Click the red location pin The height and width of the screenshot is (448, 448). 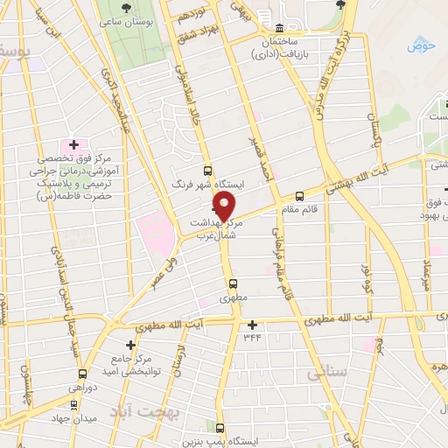tap(226, 205)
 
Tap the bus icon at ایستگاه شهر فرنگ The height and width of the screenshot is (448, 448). tap(207, 171)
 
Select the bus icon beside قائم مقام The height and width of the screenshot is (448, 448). tap(300, 196)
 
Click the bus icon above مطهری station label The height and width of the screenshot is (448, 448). tap(233, 283)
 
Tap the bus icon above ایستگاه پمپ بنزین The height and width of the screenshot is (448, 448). tap(220, 429)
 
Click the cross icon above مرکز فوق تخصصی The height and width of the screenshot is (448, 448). tap(73, 144)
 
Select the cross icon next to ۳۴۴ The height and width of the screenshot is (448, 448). tap(252, 325)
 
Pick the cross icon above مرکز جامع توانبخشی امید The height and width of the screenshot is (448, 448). tap(131, 346)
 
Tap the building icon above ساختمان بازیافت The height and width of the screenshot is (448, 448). tap(279, 28)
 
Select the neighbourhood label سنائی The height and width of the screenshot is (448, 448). tap(328, 374)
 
